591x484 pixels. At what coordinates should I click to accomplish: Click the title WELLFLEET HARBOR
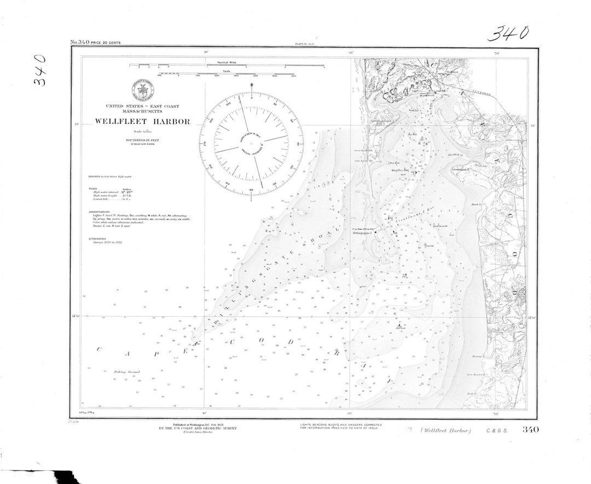(142, 122)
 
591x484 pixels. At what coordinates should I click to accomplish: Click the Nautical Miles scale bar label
(227, 62)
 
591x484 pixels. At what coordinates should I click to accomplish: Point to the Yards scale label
(227, 70)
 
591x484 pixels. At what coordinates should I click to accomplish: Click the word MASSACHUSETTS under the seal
(142, 112)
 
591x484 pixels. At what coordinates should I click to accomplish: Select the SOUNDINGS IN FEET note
(142, 140)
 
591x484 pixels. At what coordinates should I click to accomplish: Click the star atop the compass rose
(252, 85)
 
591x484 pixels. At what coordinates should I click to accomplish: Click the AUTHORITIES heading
(97, 238)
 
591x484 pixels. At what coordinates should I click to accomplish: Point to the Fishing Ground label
(127, 372)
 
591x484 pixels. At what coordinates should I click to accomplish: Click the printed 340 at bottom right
(531, 430)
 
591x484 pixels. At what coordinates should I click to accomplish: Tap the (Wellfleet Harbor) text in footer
(447, 430)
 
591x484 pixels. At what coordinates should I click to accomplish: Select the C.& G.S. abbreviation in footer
(497, 430)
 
